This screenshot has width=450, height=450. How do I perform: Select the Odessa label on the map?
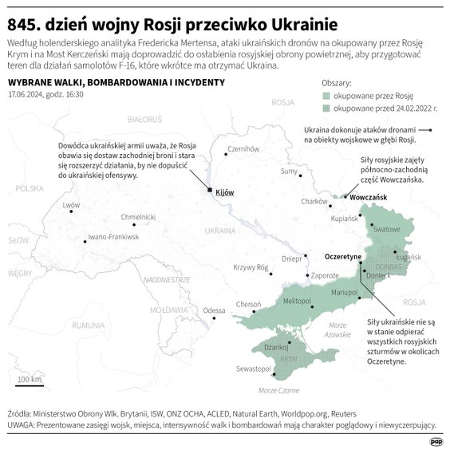pos(214,310)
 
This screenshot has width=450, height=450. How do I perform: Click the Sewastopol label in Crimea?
pos(252,369)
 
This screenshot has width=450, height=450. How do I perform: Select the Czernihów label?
pos(244,148)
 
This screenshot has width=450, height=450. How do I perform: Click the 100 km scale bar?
pos(30,387)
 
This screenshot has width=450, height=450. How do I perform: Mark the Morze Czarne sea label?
pos(278,391)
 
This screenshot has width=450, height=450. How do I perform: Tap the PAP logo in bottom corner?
pos(435,440)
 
